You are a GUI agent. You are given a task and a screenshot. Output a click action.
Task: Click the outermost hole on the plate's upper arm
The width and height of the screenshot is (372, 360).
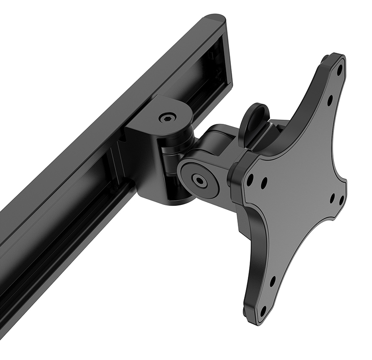pyautogui.click(x=339, y=72)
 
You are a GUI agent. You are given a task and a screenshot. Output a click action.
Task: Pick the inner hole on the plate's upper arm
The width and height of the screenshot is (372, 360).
pyautogui.click(x=329, y=97)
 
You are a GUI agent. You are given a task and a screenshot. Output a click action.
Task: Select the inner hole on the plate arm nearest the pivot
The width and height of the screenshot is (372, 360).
pyautogui.click(x=264, y=184)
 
